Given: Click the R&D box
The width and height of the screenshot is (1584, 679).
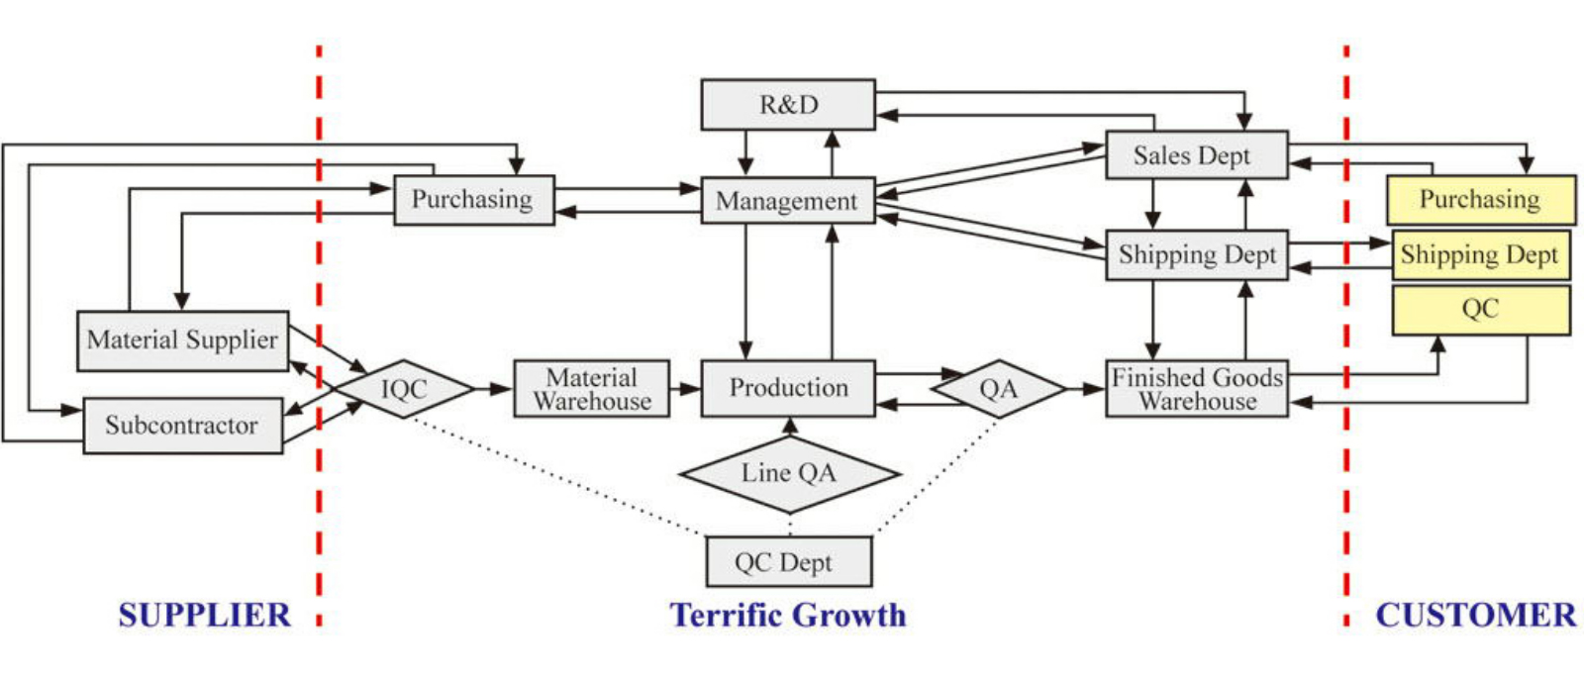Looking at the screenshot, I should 788,105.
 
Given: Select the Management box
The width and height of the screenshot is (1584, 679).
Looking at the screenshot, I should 788,201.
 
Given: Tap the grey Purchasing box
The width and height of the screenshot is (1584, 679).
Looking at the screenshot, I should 473,200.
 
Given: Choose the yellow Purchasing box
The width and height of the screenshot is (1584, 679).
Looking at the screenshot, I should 1480,200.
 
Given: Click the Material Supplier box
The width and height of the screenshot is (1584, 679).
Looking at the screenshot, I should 183,340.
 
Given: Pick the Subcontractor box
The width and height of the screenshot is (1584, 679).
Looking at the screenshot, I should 182,426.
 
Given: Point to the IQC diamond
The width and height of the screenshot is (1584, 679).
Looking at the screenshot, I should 403,389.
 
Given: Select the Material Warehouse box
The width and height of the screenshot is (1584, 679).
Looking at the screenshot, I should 592,389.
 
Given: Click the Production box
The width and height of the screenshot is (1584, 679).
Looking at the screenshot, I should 788,388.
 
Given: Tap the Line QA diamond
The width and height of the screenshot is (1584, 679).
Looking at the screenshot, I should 789,474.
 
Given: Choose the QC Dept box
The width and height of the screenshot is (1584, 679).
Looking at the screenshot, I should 788,562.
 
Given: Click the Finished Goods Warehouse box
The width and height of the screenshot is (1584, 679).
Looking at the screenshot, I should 1197,389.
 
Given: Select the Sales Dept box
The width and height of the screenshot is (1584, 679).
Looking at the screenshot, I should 1196,155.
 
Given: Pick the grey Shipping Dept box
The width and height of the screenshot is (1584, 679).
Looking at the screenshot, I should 1196,255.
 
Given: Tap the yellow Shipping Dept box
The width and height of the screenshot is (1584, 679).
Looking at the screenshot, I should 1480,255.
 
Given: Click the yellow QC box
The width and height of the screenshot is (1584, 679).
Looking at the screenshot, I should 1480,309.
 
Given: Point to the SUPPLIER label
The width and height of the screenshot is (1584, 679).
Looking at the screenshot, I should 204,616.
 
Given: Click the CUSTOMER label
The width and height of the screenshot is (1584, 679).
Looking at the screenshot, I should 1475,616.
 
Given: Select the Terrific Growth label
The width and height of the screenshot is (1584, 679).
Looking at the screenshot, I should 788,616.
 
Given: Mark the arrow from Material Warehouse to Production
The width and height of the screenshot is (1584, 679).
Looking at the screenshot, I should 685,389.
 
